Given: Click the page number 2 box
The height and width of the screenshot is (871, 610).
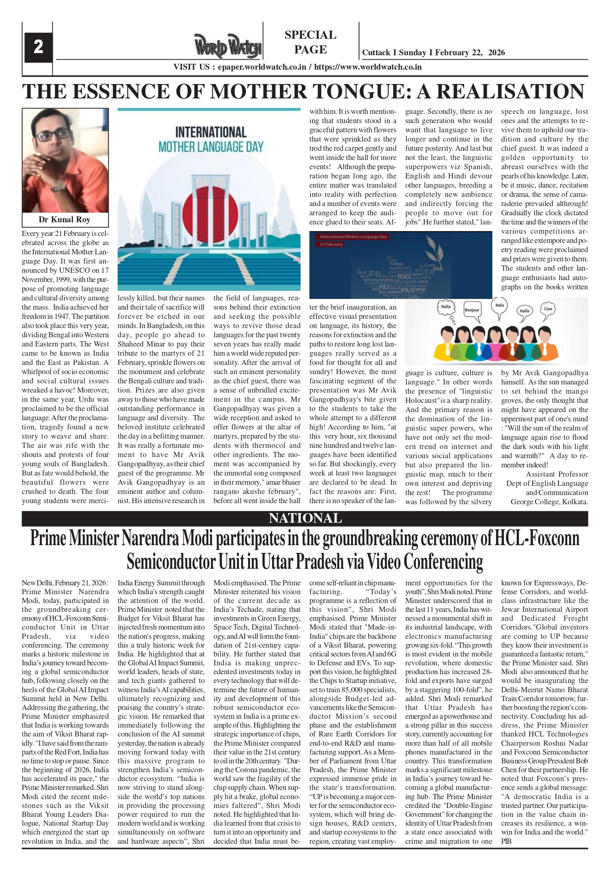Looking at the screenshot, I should pyautogui.click(x=38, y=47).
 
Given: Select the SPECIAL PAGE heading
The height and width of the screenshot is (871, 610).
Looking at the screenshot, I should pyautogui.click(x=310, y=42).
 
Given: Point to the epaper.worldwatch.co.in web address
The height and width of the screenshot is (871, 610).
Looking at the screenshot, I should pyautogui.click(x=262, y=67).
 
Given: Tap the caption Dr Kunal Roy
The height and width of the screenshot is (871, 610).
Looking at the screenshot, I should pyautogui.click(x=65, y=220).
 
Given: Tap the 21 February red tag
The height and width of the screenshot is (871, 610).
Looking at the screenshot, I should pyautogui.click(x=331, y=244).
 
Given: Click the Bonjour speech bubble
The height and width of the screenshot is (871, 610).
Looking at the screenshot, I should pyautogui.click(x=472, y=310).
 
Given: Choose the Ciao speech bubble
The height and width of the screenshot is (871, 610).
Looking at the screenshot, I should pyautogui.click(x=548, y=309).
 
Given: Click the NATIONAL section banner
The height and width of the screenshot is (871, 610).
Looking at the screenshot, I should pyautogui.click(x=305, y=518).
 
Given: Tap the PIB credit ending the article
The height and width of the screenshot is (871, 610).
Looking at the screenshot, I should pyautogui.click(x=506, y=841).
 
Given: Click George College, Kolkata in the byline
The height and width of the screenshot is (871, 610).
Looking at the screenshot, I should pyautogui.click(x=549, y=502).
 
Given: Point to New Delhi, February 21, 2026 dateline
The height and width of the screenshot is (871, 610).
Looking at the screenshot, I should pyautogui.click(x=65, y=583).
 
